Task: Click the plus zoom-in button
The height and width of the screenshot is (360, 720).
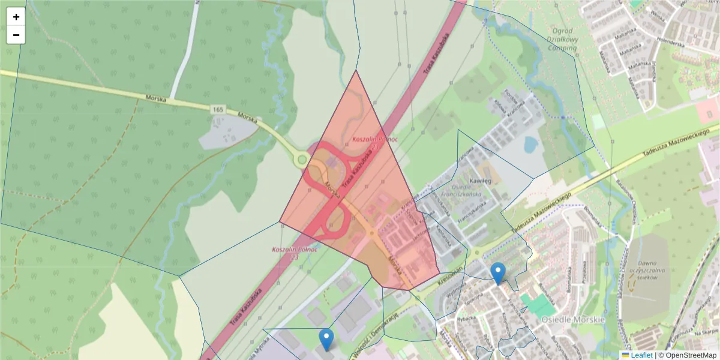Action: [16, 17]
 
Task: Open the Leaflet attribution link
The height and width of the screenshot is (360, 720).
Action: [641, 355]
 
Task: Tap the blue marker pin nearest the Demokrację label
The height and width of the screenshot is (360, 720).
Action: [326, 340]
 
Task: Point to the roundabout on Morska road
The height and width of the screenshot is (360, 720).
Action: [301, 160]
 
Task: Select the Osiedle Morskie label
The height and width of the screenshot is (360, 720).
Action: [573, 319]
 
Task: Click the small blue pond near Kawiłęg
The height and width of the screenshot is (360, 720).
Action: [530, 145]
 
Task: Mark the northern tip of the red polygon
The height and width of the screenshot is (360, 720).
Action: [356, 71]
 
